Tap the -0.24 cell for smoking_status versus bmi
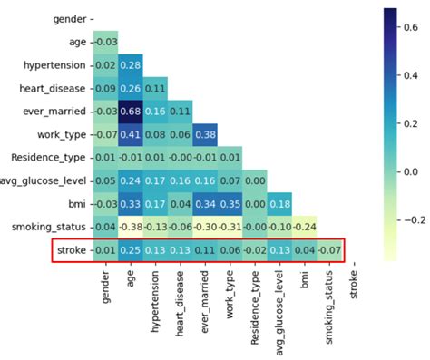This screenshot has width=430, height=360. click(x=303, y=227)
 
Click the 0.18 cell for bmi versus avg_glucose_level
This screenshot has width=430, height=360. click(x=279, y=204)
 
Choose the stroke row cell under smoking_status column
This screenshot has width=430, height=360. click(x=327, y=250)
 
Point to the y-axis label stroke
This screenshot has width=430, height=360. click(x=72, y=250)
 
